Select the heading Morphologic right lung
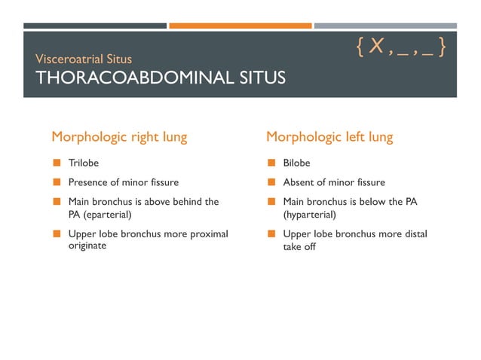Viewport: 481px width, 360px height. point(119,137)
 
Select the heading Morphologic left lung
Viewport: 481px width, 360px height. point(329,137)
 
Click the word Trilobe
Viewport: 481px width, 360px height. point(84,162)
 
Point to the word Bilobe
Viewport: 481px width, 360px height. point(296,162)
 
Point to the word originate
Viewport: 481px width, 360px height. point(87,246)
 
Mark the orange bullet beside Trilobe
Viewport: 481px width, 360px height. point(57,162)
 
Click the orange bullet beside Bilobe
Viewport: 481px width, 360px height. point(271,162)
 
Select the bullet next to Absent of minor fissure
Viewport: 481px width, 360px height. point(271,182)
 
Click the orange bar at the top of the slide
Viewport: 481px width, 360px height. point(240,26)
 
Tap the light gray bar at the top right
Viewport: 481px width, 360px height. point(385,26)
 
